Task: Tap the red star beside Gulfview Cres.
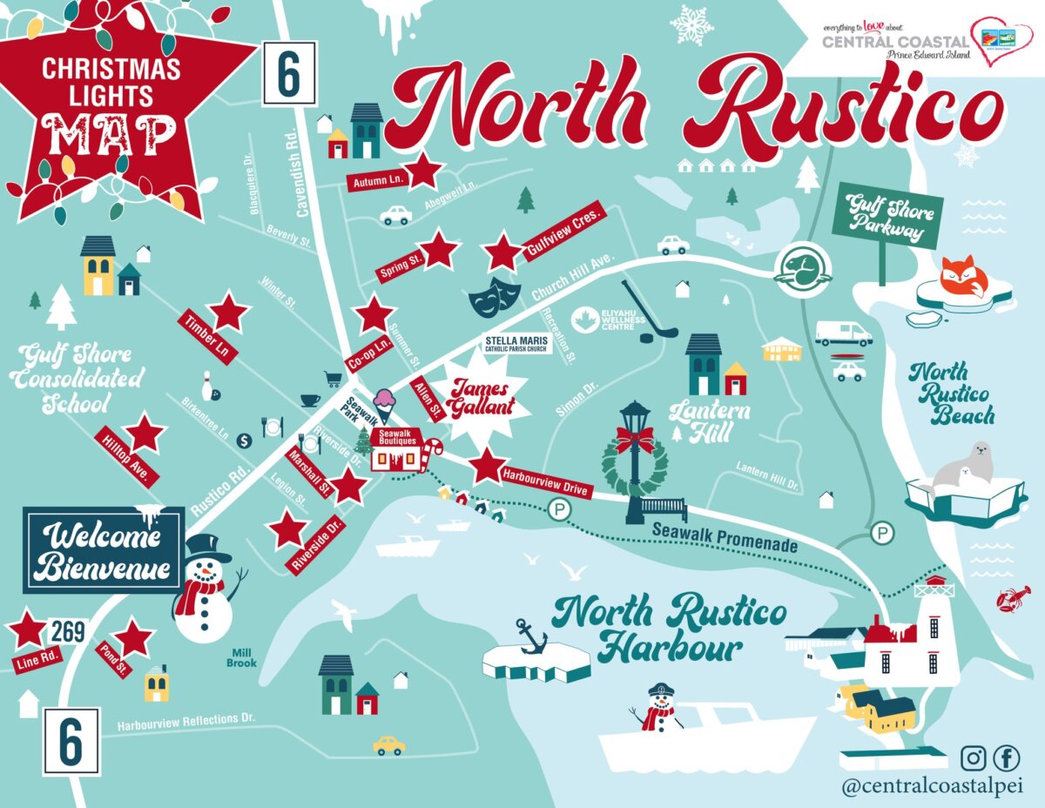pyautogui.click(x=503, y=252)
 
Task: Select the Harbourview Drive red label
pyautogui.click(x=546, y=483)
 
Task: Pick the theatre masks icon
pyautogui.click(x=489, y=296)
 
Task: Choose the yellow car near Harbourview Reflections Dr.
pyautogui.click(x=389, y=745)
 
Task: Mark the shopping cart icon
pyautogui.click(x=332, y=379)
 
